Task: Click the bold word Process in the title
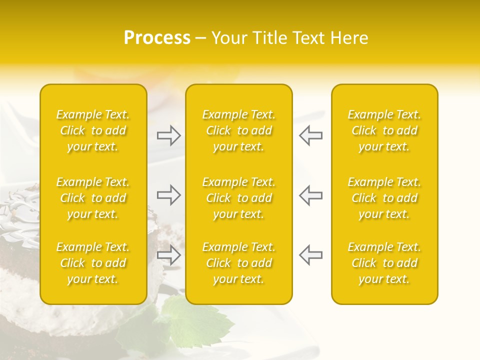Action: [x=157, y=38]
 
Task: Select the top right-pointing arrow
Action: [x=168, y=135]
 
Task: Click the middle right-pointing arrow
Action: [x=168, y=195]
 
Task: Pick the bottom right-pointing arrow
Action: [x=168, y=254]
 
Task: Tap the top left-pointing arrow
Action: [x=311, y=135]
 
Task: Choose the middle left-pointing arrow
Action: [x=311, y=195]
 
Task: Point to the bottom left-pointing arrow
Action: [x=311, y=254]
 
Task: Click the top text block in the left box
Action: [x=93, y=130]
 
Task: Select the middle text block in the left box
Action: [x=93, y=198]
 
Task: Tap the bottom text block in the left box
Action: [x=93, y=263]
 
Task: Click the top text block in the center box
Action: [x=239, y=130]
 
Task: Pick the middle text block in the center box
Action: [x=239, y=198]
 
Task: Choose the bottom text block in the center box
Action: [x=239, y=263]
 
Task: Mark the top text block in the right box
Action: [x=384, y=130]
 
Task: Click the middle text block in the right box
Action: [x=384, y=198]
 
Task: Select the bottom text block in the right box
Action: [x=384, y=263]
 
